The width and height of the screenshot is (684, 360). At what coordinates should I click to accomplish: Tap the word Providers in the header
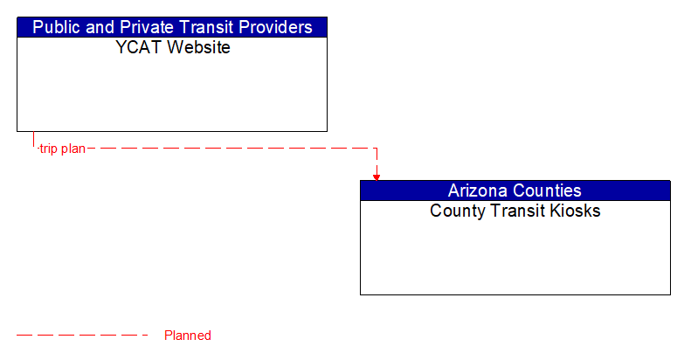click(274, 27)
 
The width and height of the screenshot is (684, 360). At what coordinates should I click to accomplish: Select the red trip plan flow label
click(62, 149)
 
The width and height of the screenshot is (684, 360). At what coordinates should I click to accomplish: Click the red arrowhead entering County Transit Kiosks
click(377, 177)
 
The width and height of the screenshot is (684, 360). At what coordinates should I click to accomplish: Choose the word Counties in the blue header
click(549, 190)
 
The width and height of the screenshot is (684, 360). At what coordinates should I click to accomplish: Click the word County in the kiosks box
click(456, 211)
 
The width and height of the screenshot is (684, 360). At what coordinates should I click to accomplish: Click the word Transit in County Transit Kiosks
click(517, 211)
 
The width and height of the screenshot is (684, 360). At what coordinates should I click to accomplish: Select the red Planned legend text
click(187, 336)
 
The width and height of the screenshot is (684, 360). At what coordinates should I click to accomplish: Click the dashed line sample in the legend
click(83, 336)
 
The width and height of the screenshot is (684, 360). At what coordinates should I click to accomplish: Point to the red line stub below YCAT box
click(34, 140)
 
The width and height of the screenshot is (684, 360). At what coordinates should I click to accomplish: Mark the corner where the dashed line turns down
click(377, 149)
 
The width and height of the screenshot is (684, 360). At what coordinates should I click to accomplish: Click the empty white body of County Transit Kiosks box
click(515, 258)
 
